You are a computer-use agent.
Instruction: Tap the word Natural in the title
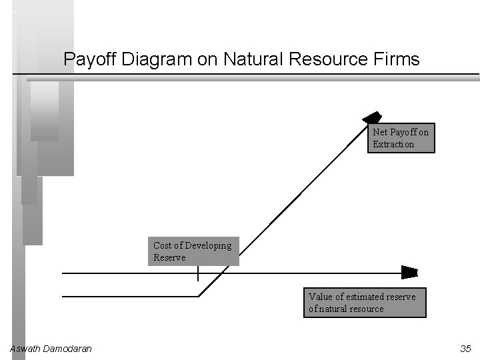coord(254,59)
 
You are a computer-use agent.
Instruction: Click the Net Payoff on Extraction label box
coord(401,138)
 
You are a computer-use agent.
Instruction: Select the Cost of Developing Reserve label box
coord(193,251)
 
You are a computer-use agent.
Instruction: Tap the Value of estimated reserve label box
coord(364,303)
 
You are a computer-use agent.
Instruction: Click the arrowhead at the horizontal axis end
coord(409,273)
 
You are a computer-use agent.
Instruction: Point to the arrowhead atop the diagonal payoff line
coord(372,118)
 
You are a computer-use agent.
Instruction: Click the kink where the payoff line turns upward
coord(199,296)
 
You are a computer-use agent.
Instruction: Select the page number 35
coord(465,349)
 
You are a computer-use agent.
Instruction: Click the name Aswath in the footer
coord(25,349)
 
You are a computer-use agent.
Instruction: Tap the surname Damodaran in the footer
coord(67,349)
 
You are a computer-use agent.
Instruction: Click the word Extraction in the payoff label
coord(393,144)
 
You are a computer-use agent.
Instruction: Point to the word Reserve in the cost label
coord(169,257)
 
